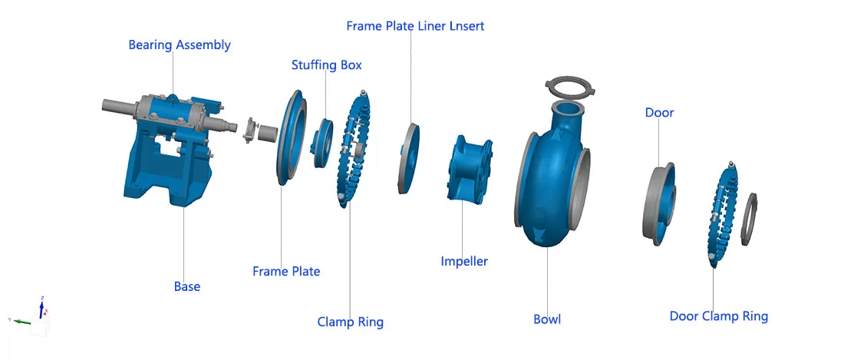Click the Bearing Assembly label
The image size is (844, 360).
coord(179,45)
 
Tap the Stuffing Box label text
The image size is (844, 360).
coord(326,65)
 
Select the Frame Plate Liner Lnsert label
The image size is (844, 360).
coord(415,26)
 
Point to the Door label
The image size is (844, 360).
coord(659,113)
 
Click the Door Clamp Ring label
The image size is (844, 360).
coord(718,316)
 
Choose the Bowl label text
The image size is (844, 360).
coord(547,319)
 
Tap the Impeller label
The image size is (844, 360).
coord(463,262)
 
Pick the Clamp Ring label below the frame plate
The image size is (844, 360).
coord(350,322)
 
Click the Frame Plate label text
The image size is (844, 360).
coord(286,271)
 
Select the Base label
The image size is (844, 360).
coord(186,286)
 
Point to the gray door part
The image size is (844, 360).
coord(658,203)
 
